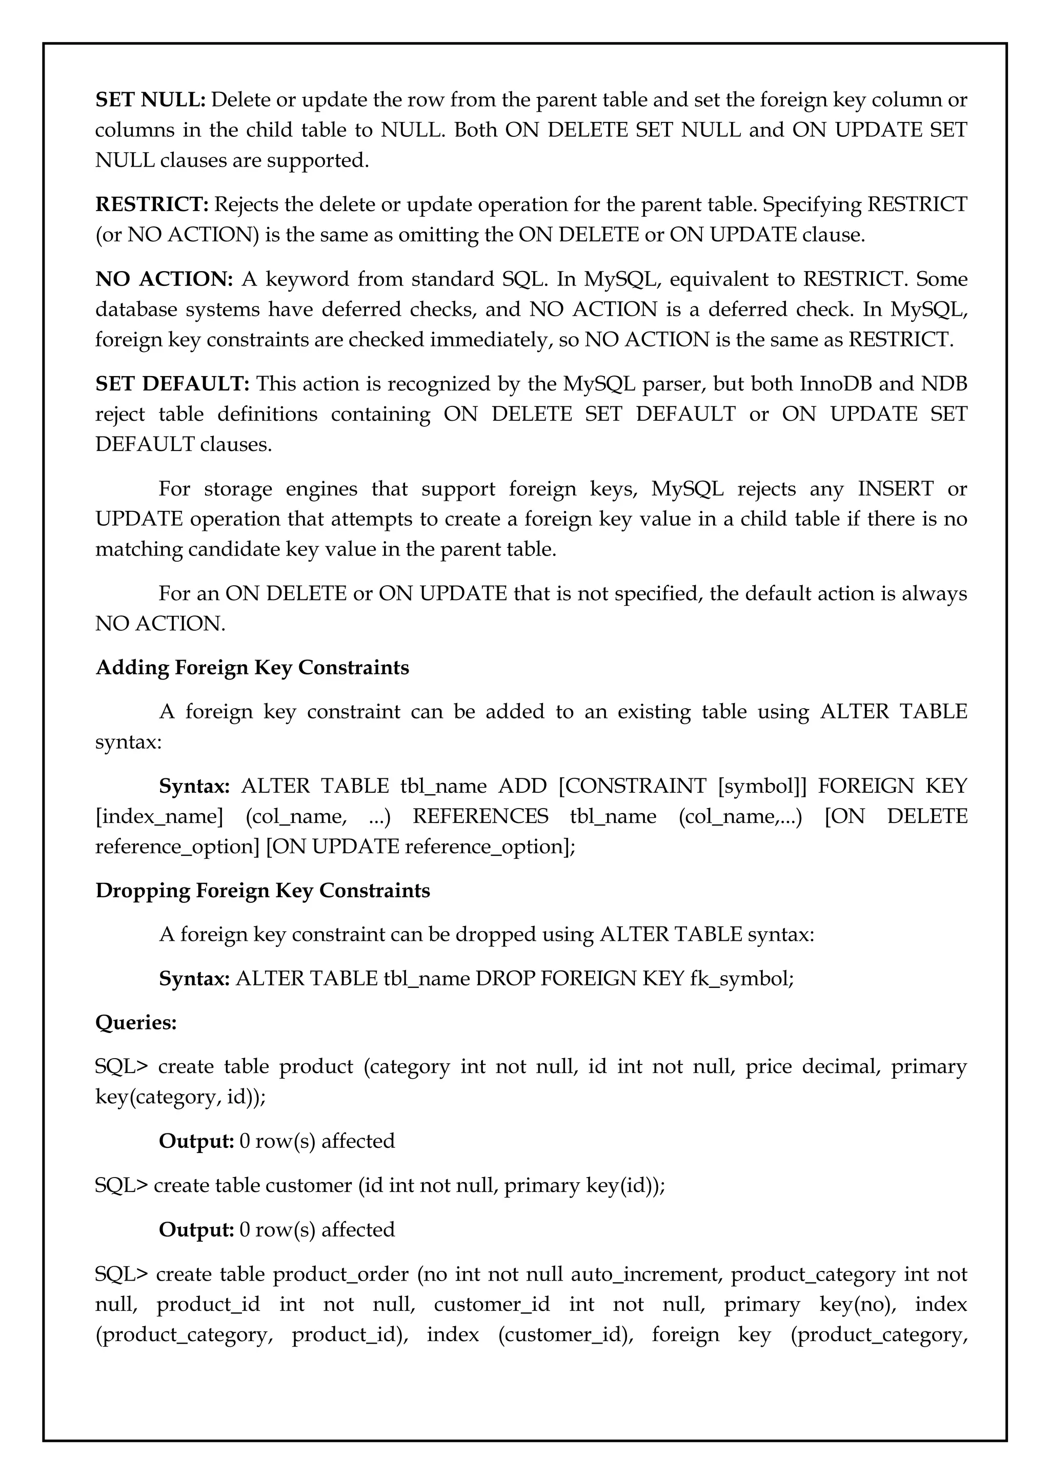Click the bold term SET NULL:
pos(150,100)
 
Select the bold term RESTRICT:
pos(152,205)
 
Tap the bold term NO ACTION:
pos(164,279)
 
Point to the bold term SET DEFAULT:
pos(172,384)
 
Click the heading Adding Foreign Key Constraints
pos(252,668)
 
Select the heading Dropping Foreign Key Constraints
pos(262,891)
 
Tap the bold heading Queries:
pos(136,1022)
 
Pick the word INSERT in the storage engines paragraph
pos(896,489)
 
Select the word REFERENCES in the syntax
pos(480,817)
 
